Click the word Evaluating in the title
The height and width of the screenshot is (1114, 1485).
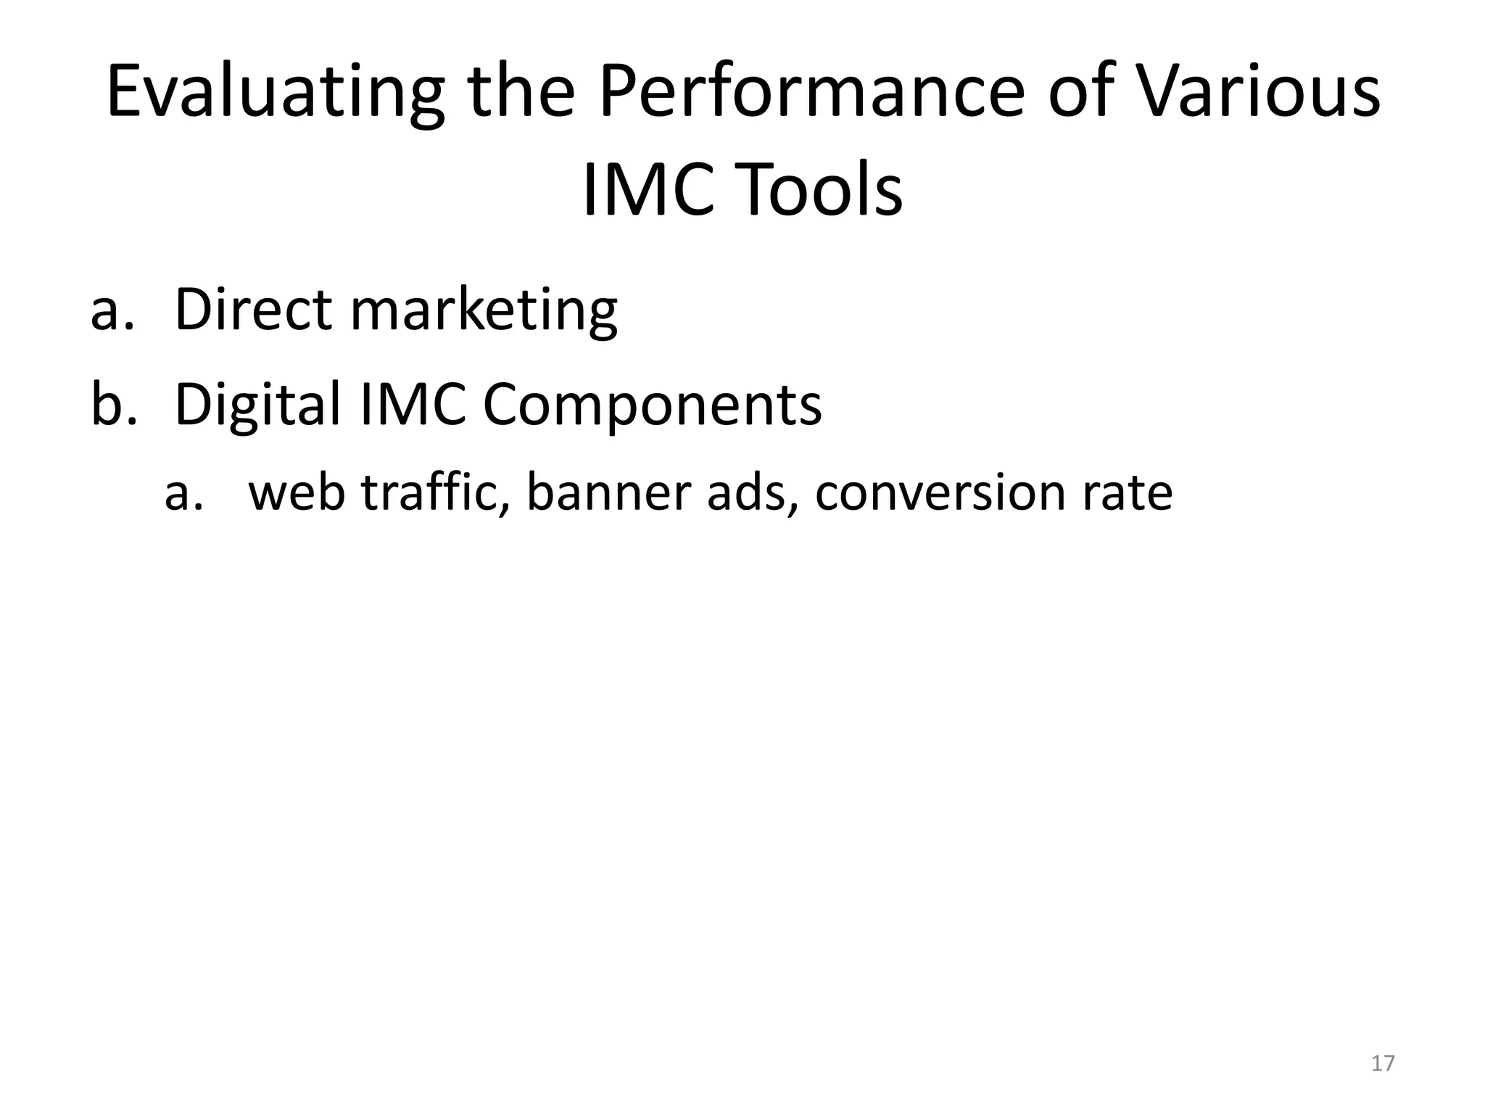pos(276,93)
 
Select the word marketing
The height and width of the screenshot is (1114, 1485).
pos(484,310)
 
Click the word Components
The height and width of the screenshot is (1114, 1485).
pos(652,406)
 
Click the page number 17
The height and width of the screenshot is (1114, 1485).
pos(1383,1063)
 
